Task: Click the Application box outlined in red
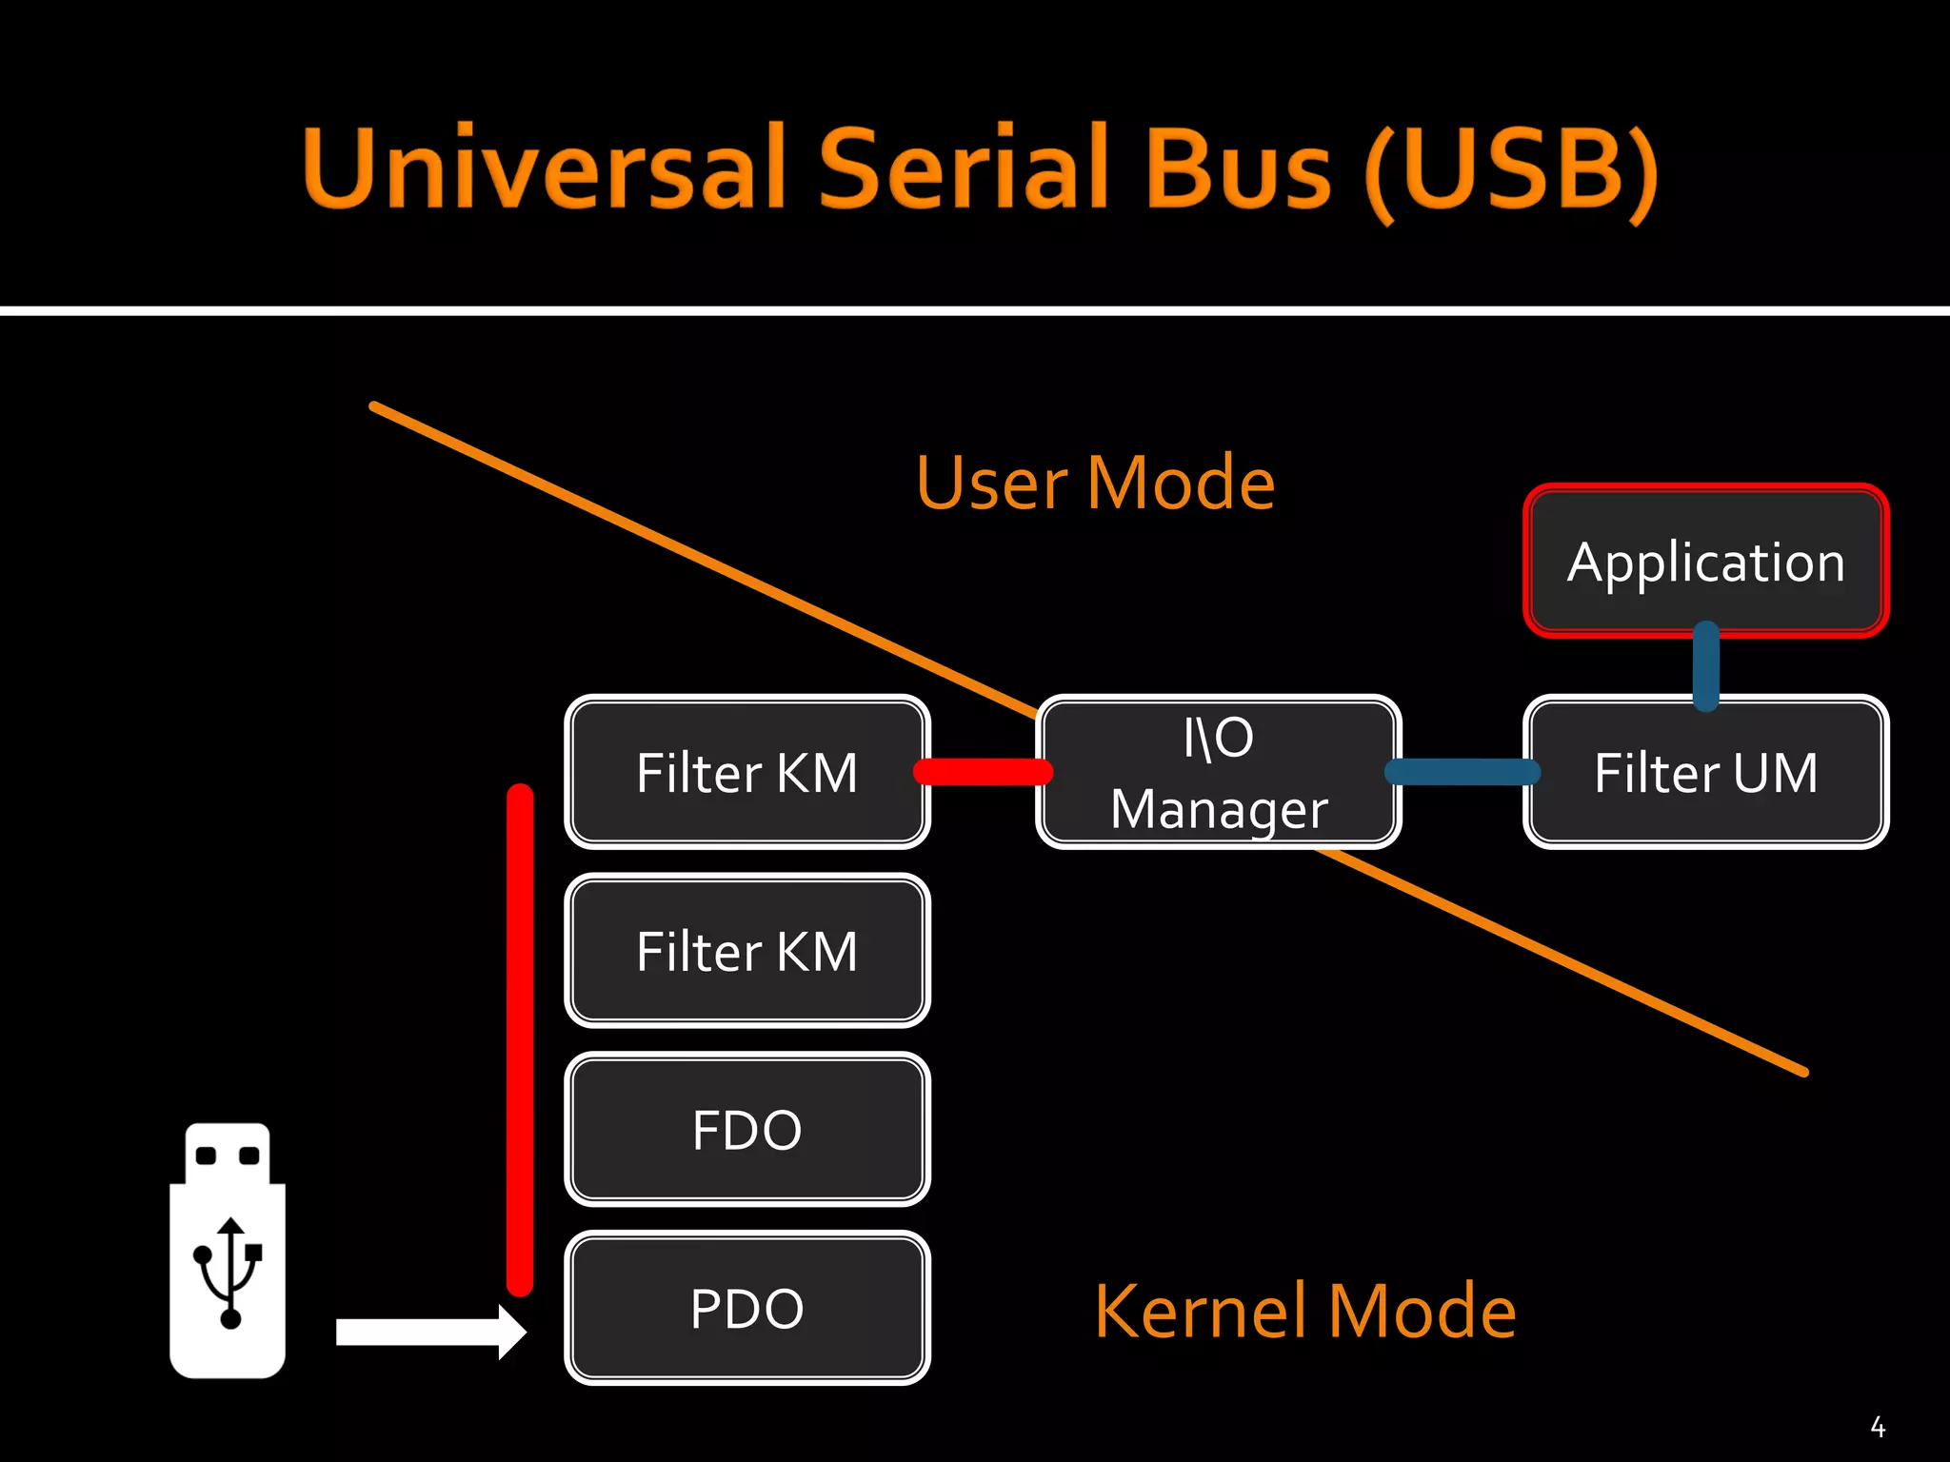click(x=1705, y=560)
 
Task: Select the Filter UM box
click(x=1705, y=772)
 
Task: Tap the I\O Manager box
click(x=1218, y=772)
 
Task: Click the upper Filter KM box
click(x=746, y=772)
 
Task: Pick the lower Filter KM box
click(x=746, y=951)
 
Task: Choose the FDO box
click(x=746, y=1130)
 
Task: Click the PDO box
click(x=746, y=1308)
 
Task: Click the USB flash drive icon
click(x=228, y=1250)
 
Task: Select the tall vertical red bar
click(x=520, y=1039)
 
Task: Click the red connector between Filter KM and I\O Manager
click(x=983, y=771)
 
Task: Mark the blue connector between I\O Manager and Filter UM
click(x=1462, y=771)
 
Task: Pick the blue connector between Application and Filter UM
click(x=1706, y=666)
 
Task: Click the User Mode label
click(x=1095, y=484)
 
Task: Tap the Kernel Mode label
click(x=1304, y=1312)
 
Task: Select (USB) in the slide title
click(x=1512, y=171)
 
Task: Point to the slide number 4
click(x=1878, y=1427)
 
